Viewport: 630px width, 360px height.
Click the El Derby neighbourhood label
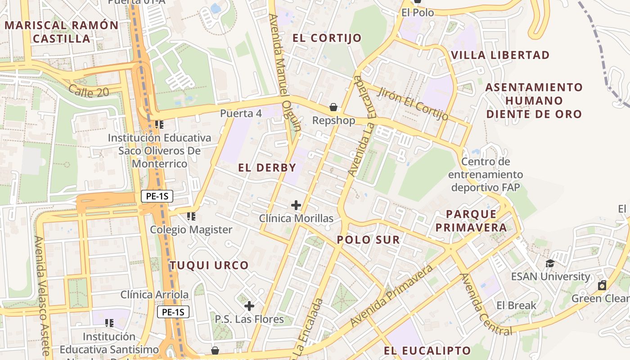click(x=267, y=168)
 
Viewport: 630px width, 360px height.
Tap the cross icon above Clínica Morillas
click(x=296, y=205)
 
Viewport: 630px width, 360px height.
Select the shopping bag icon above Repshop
click(x=333, y=107)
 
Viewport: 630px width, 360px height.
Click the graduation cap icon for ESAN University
click(x=550, y=263)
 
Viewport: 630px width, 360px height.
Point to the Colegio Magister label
click(x=191, y=229)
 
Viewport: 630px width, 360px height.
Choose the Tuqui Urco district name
click(x=209, y=265)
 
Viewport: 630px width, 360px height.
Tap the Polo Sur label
click(x=368, y=240)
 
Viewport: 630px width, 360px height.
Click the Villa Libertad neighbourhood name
click(x=500, y=55)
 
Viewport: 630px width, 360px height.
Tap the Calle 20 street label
click(x=89, y=91)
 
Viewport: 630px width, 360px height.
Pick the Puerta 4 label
click(x=241, y=113)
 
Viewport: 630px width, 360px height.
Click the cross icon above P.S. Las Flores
click(x=249, y=306)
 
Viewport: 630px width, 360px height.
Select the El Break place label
click(x=516, y=306)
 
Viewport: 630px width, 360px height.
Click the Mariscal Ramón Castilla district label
click(x=62, y=31)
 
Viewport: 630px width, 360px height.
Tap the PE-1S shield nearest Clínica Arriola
click(x=173, y=312)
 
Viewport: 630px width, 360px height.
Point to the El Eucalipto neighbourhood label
click(x=427, y=351)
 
